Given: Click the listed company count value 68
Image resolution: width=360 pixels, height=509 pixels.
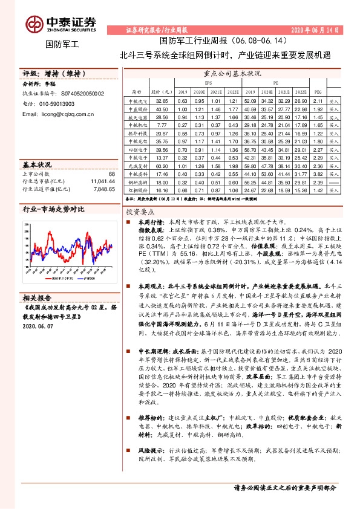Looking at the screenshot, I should click(111, 173).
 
